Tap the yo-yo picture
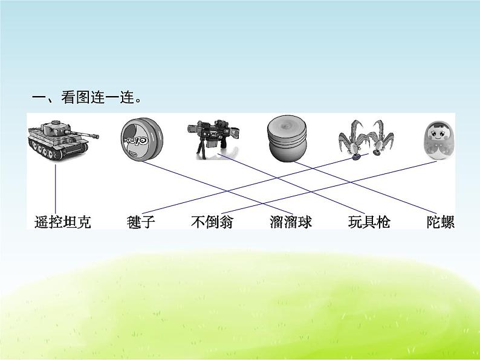tap(139, 140)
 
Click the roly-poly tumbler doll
tap(439, 140)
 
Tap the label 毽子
tap(141, 222)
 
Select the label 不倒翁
tap(211, 222)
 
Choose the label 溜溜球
tap(291, 222)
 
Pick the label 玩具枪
tap(369, 222)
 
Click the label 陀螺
tap(439, 222)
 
